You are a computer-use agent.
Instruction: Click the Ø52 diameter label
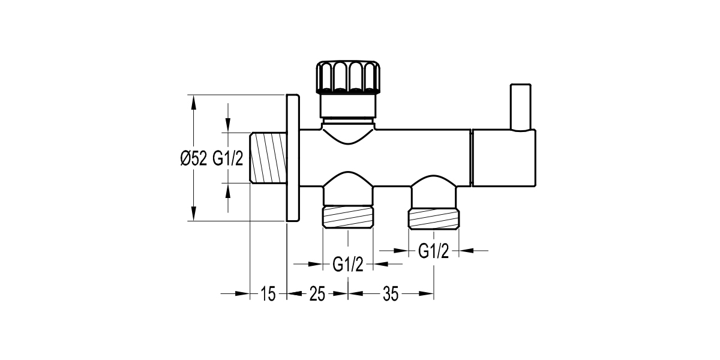(x=193, y=158)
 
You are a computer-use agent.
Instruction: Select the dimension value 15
(x=268, y=294)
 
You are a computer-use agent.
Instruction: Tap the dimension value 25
(x=317, y=294)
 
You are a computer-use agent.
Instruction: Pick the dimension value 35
(x=390, y=294)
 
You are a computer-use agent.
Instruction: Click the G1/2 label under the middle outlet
(x=348, y=264)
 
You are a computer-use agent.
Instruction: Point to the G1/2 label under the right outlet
(x=433, y=251)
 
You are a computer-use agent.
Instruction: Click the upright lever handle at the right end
(x=520, y=107)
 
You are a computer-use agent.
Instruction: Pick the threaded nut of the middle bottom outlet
(x=348, y=217)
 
